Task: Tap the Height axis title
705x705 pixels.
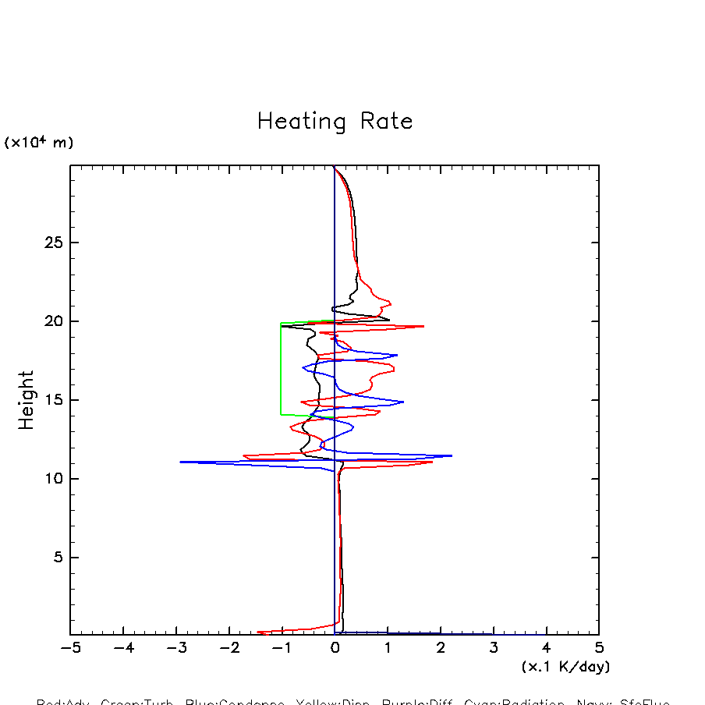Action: pyautogui.click(x=27, y=400)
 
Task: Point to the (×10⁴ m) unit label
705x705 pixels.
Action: pyautogui.click(x=39, y=143)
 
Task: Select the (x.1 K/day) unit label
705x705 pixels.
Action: pyautogui.click(x=565, y=667)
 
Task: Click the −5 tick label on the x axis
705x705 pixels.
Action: pyautogui.click(x=70, y=648)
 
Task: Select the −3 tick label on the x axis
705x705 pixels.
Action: pyautogui.click(x=176, y=648)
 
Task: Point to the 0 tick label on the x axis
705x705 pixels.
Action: pyautogui.click(x=335, y=648)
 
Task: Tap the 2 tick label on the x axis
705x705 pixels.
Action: pyautogui.click(x=441, y=648)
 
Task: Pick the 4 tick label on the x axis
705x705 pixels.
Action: pyautogui.click(x=546, y=648)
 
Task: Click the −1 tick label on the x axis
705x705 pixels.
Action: pyautogui.click(x=282, y=648)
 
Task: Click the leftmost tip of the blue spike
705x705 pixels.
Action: pyautogui.click(x=181, y=462)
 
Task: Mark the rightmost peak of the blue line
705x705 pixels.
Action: pyautogui.click(x=452, y=455)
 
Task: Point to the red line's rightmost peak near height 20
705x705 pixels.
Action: pyautogui.click(x=423, y=326)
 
